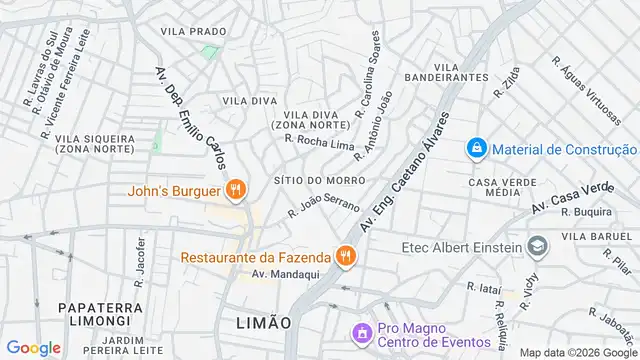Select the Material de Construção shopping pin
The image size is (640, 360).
[x=477, y=149]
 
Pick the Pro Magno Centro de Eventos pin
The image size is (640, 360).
[x=360, y=331]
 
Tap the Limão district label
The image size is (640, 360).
[x=263, y=323]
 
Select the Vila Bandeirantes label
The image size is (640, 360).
[x=446, y=72]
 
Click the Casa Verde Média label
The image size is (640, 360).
[x=496, y=187]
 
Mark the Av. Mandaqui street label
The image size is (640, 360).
[x=277, y=274]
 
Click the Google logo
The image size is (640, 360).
[x=33, y=347]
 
